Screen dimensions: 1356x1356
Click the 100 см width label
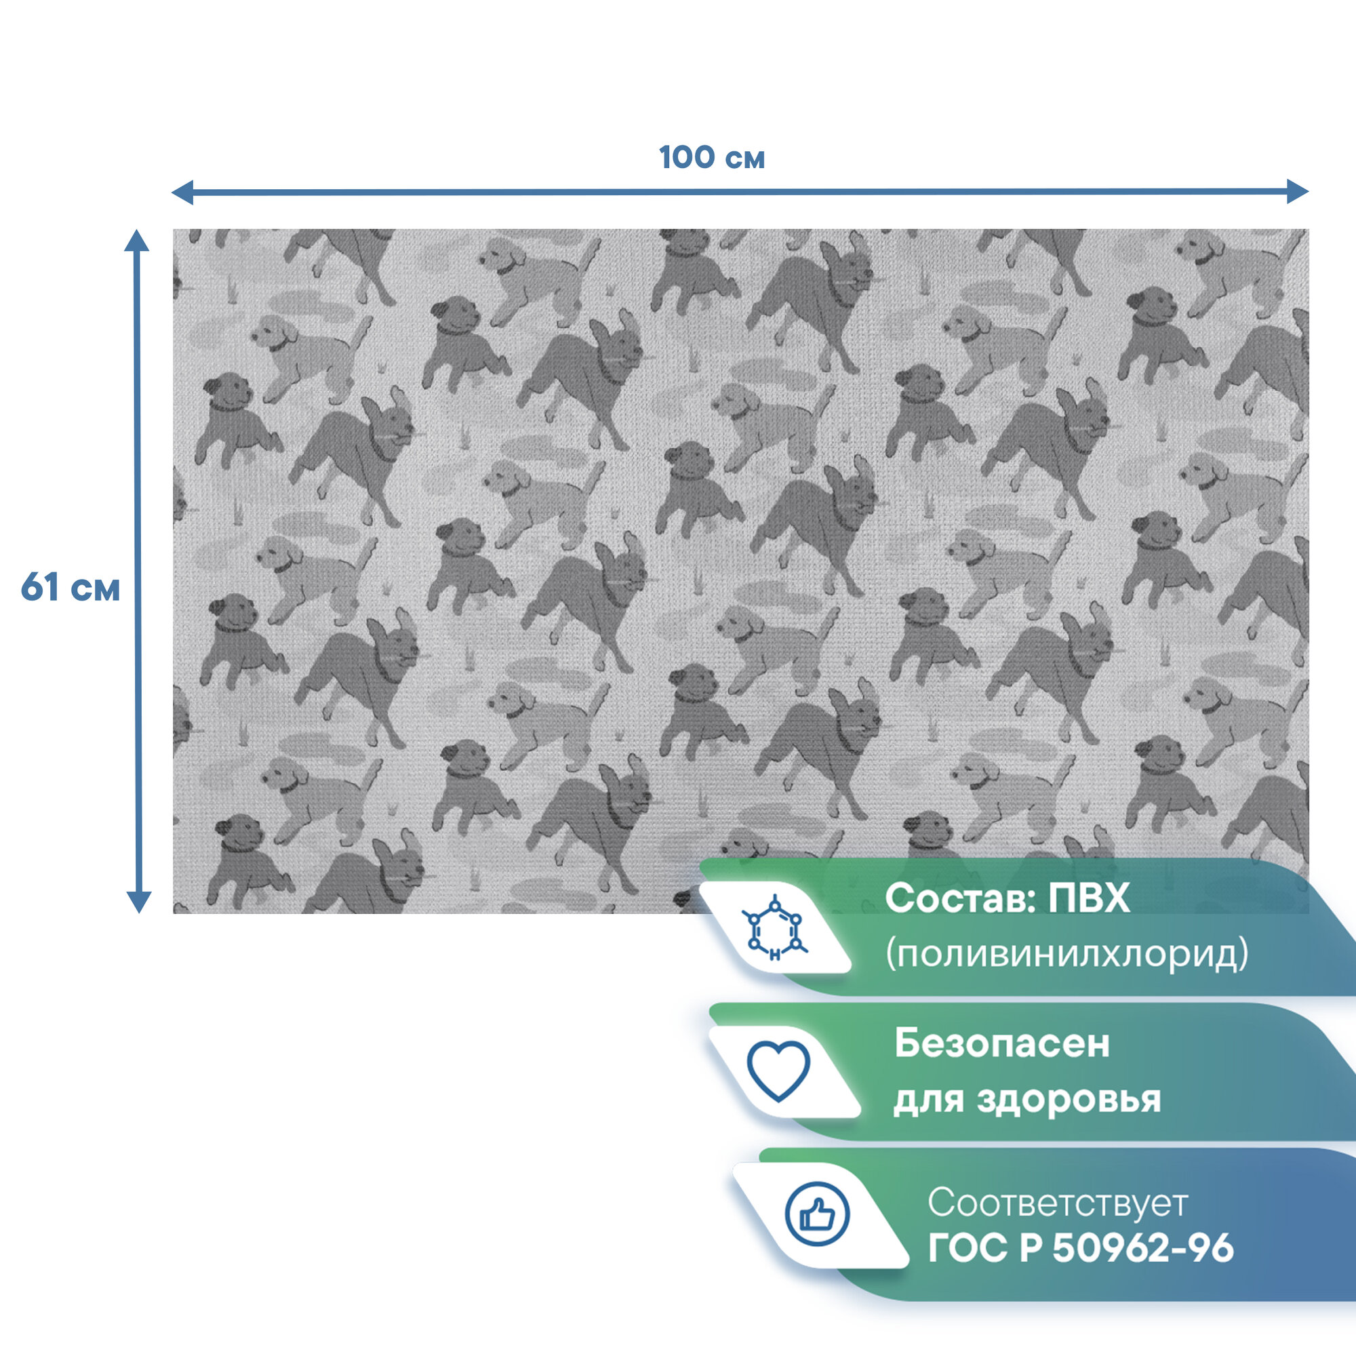[x=712, y=158]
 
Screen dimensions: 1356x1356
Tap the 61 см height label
[x=71, y=586]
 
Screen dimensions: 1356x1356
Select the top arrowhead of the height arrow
[x=137, y=240]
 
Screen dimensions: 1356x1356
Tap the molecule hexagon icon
[x=774, y=929]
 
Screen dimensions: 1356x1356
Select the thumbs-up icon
[x=817, y=1214]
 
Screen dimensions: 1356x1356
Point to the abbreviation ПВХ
[x=1089, y=898]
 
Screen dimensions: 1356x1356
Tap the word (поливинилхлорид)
[x=1066, y=954]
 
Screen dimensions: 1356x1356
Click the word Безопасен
[x=1001, y=1043]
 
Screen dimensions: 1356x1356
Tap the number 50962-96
[x=1142, y=1249]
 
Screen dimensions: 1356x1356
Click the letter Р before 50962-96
[x=1031, y=1249]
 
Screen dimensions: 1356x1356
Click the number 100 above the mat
[x=686, y=158]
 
